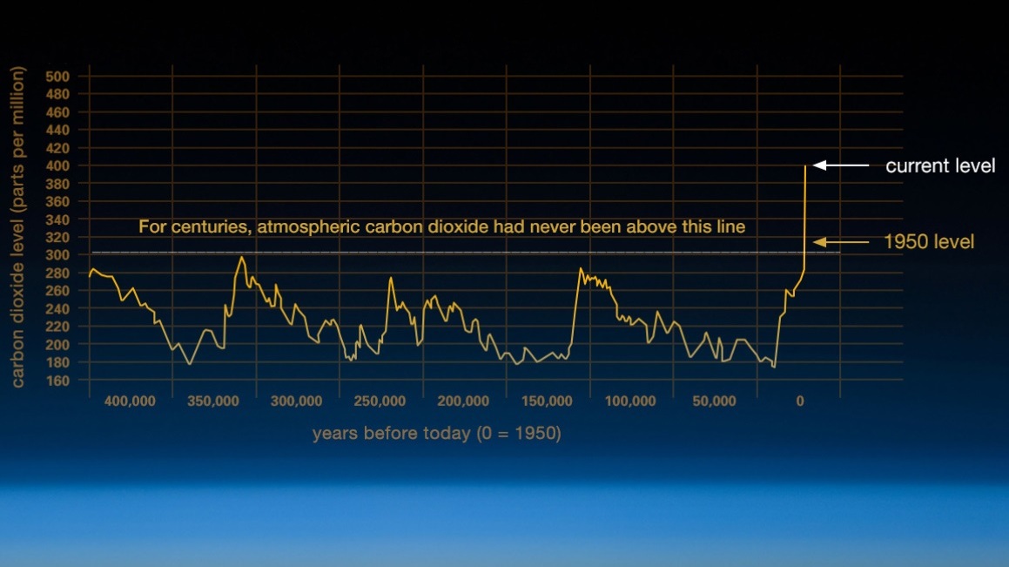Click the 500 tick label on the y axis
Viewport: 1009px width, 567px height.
(57, 77)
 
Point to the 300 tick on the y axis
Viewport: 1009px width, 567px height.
(57, 255)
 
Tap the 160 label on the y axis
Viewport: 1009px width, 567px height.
(57, 381)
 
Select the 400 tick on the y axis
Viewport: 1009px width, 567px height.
(57, 166)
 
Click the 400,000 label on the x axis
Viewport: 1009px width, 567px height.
(130, 401)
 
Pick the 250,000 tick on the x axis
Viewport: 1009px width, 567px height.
(380, 401)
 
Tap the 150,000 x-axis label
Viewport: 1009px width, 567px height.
(547, 401)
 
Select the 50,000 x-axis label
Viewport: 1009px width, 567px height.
(714, 401)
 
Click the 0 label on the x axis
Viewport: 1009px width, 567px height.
(800, 401)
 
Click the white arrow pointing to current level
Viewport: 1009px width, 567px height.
(841, 165)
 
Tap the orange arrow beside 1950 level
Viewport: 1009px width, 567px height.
(841, 242)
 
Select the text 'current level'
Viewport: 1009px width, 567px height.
(940, 166)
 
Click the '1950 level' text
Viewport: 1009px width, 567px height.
(929, 242)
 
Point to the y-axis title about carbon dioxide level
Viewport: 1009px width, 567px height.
(17, 227)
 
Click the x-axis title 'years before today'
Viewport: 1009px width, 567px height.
(437, 433)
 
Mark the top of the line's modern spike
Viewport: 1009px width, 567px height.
(805, 166)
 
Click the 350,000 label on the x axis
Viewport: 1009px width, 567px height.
(213, 401)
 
